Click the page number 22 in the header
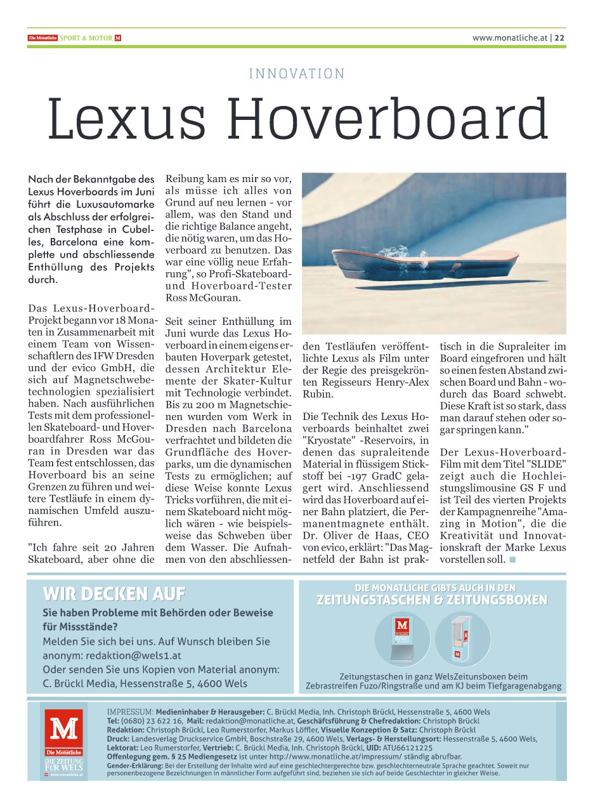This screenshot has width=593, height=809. [560, 37]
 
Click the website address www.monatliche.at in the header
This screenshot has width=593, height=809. [509, 37]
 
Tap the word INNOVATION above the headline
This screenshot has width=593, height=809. [297, 74]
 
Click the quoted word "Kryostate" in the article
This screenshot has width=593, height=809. [330, 440]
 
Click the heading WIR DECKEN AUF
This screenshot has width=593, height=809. [114, 594]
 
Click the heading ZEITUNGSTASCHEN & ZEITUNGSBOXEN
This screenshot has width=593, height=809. [432, 600]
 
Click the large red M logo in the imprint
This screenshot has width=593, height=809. [64, 729]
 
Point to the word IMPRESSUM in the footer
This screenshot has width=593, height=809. [130, 712]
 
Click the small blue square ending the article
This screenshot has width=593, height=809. [512, 560]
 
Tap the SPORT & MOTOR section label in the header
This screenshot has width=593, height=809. [90, 38]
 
